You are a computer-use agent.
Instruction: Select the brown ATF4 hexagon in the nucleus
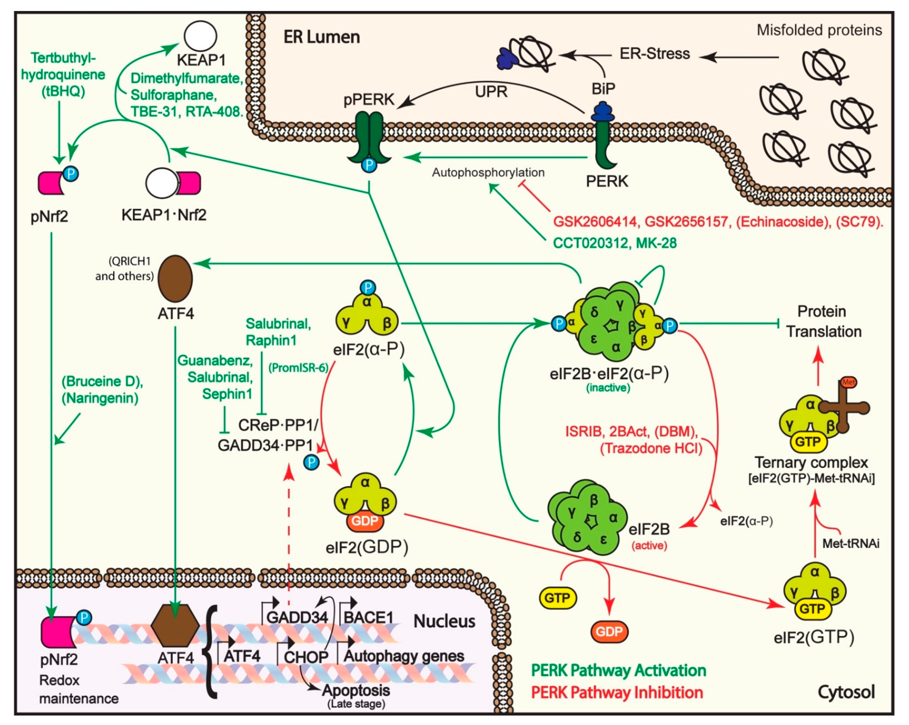click(175, 626)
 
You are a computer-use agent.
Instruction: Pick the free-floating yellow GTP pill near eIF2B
click(557, 598)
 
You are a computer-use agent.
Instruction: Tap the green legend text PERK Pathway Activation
click(618, 670)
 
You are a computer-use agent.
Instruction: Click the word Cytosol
click(846, 692)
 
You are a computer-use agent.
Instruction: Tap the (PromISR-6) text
click(298, 368)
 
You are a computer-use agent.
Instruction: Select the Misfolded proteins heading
click(819, 30)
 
